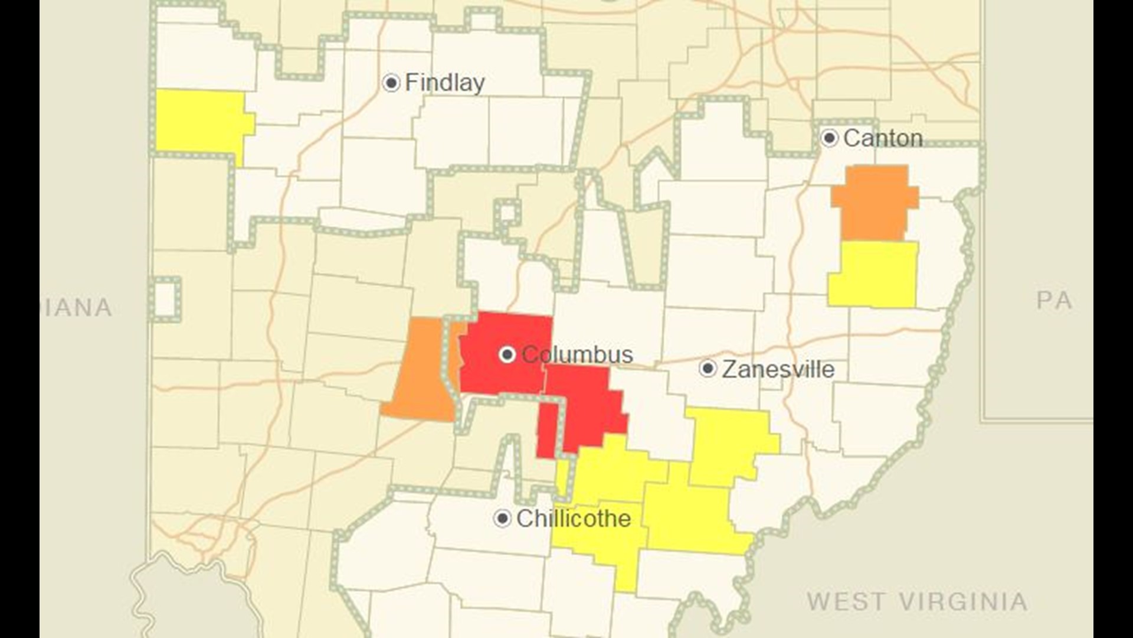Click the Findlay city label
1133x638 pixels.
click(444, 83)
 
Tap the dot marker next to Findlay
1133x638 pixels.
click(391, 83)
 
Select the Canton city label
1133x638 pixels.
click(883, 138)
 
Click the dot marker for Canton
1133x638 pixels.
click(830, 139)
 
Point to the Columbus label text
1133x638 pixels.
click(577, 354)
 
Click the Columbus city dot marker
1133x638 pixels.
click(507, 355)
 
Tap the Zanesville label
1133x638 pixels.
click(778, 369)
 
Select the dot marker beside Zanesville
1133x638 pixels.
click(708, 369)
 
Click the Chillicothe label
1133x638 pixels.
click(574, 519)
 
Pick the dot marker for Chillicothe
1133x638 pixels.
click(502, 519)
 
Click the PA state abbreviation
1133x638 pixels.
click(1054, 301)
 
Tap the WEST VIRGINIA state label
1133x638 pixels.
click(917, 602)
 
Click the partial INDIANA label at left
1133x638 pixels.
click(78, 308)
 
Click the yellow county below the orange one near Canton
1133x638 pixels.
click(872, 274)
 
